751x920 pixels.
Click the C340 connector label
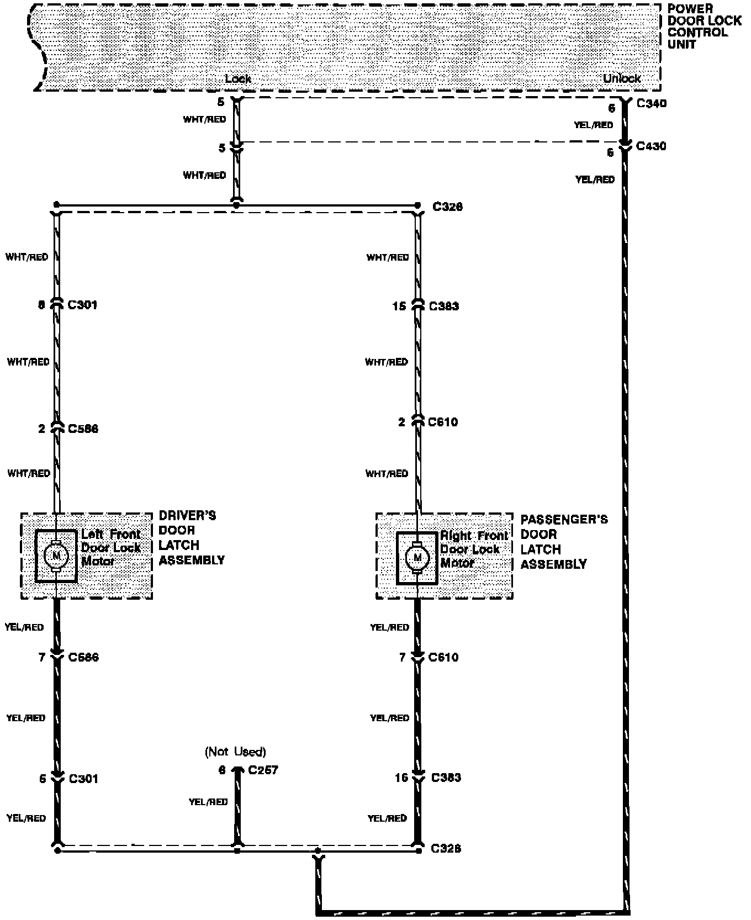point(651,103)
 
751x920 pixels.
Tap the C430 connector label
point(651,146)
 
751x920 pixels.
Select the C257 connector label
point(263,770)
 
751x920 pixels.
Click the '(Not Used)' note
point(235,752)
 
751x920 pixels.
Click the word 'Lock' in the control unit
point(238,79)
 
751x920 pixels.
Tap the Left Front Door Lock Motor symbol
point(56,555)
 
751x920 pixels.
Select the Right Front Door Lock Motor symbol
point(417,557)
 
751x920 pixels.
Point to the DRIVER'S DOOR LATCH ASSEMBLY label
point(191,538)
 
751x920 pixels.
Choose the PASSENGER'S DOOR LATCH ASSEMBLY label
point(563,542)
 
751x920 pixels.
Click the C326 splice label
point(447,207)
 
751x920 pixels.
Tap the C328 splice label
point(446,848)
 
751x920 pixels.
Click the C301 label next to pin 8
point(82,305)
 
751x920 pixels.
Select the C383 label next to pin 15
point(443,306)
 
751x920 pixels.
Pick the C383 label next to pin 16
point(446,778)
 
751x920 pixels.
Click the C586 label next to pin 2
point(83,429)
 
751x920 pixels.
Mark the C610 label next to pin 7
point(443,657)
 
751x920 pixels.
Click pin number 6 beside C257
point(222,770)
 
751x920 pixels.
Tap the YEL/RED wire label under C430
point(595,179)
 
